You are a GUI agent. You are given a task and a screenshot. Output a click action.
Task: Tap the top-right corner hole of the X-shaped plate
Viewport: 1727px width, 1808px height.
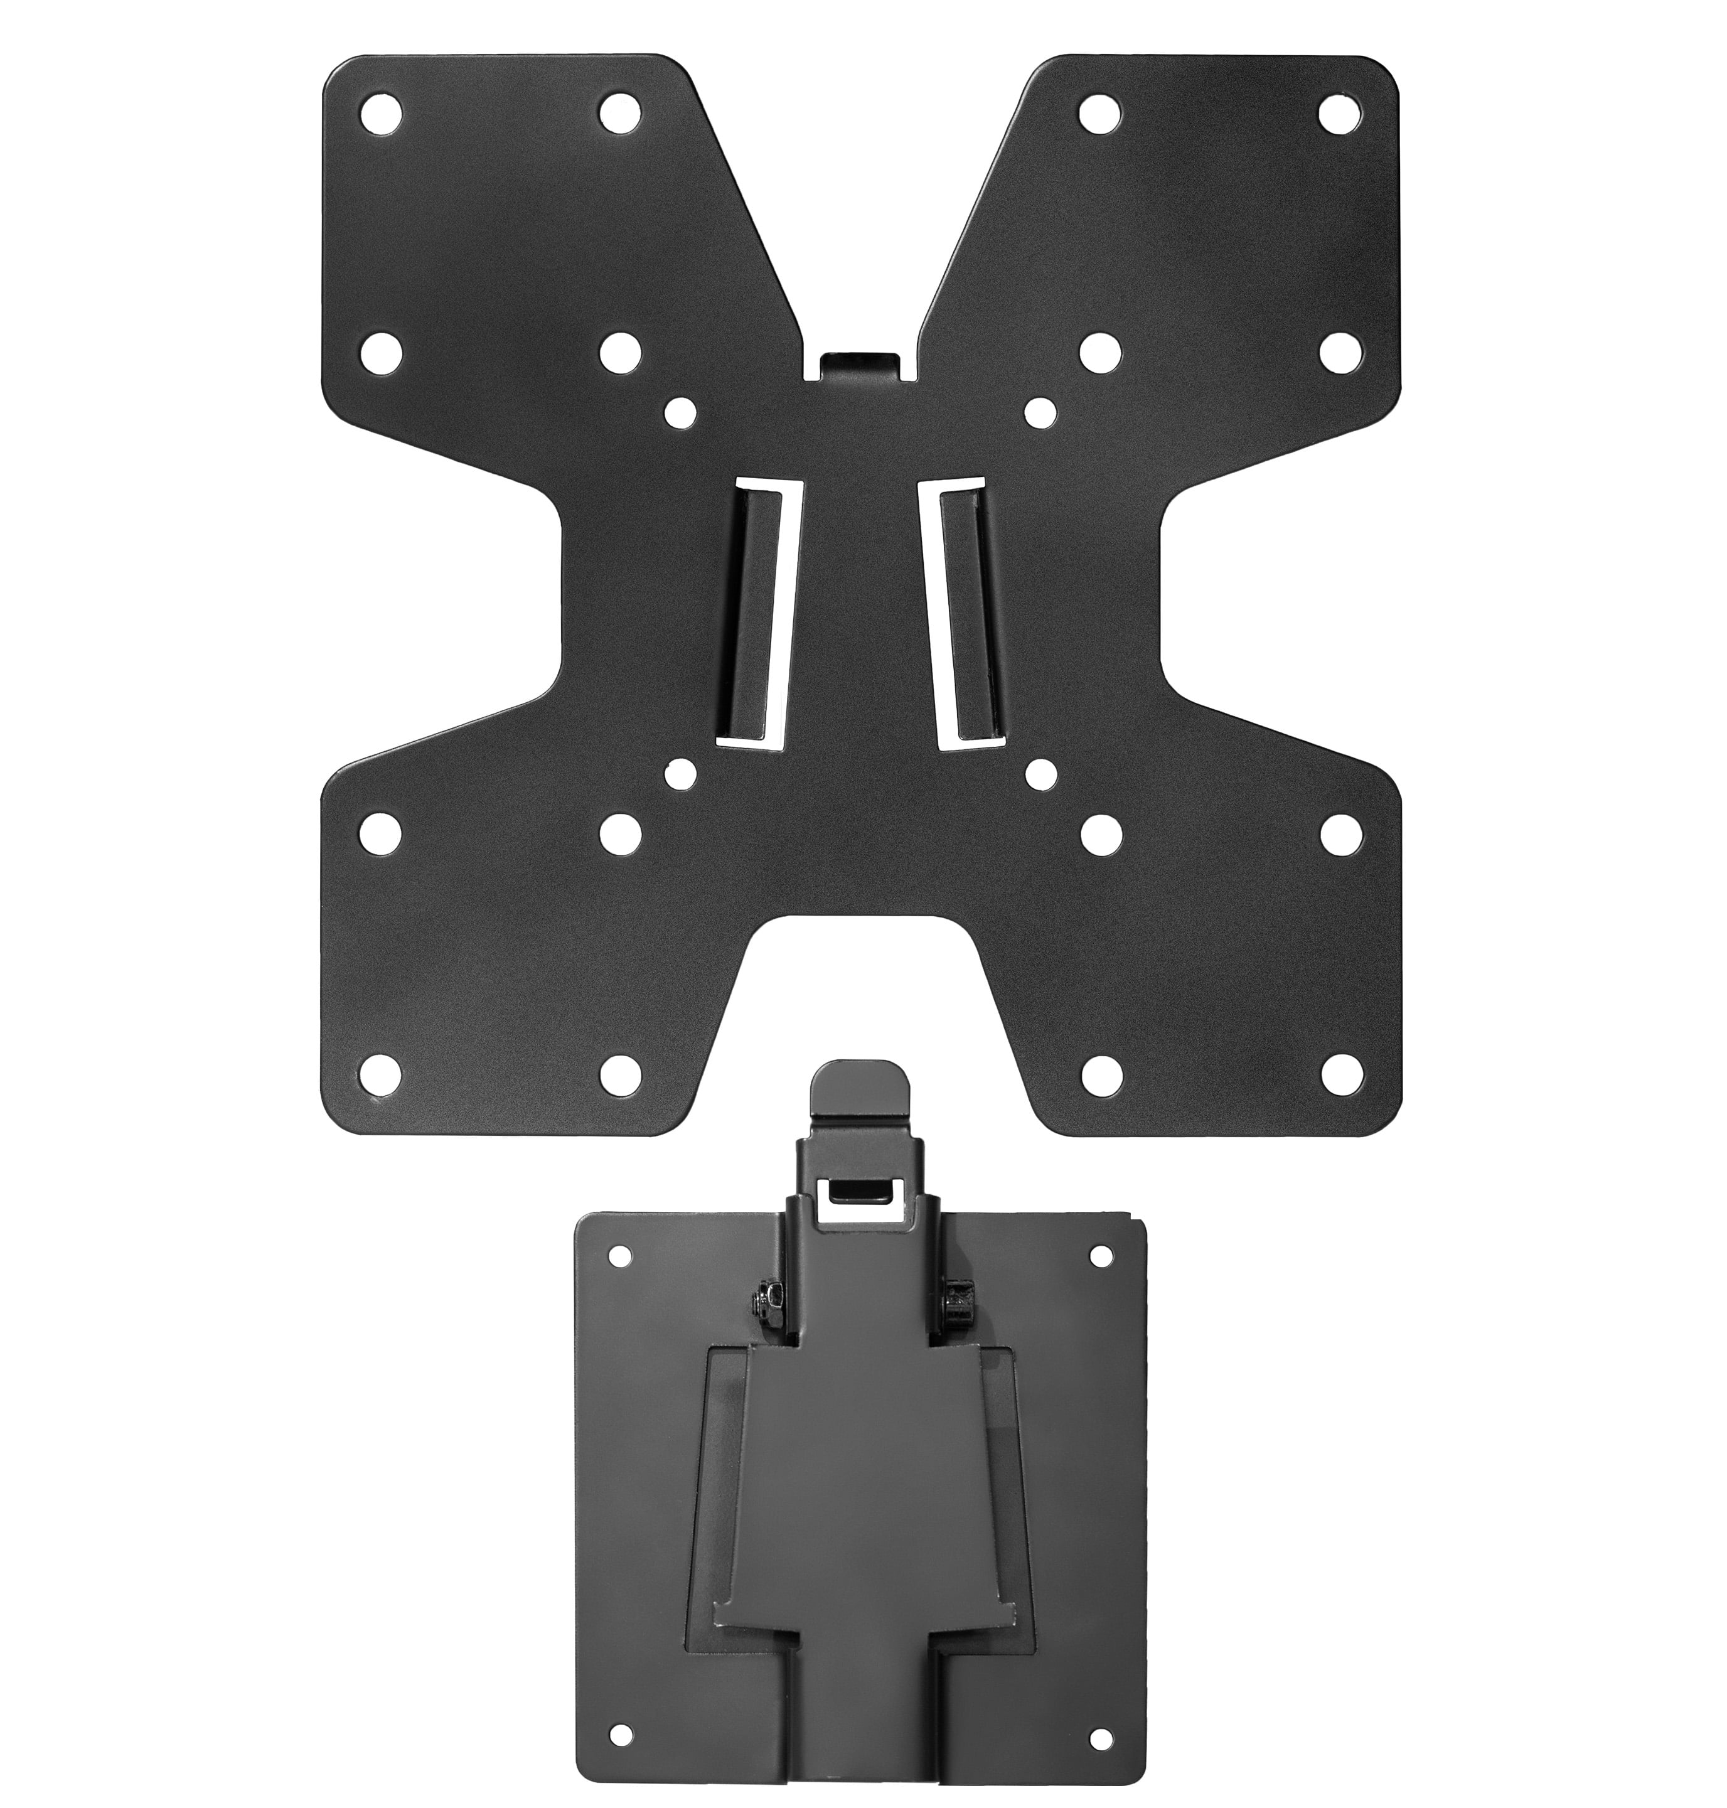coord(1340,113)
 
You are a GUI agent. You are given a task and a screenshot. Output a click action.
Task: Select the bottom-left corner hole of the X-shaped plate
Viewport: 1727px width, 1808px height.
coord(380,1071)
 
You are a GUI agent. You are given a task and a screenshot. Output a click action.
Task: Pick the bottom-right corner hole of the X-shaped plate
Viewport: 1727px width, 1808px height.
coord(1340,1071)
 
